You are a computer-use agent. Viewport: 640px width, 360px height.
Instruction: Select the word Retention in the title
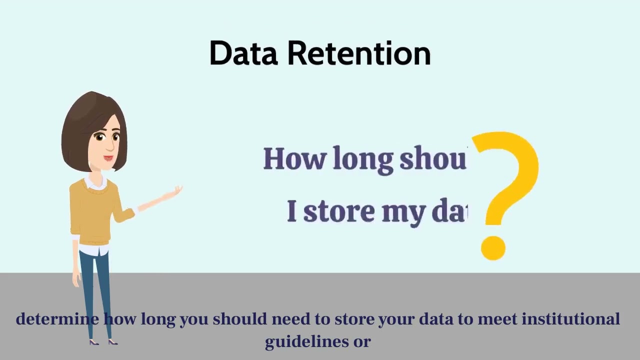[358, 53]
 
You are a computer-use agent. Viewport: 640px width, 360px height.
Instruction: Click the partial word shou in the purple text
[432, 159]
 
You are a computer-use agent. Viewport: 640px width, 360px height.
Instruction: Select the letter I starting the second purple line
[292, 211]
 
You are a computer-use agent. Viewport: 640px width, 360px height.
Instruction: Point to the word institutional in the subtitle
[570, 319]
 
